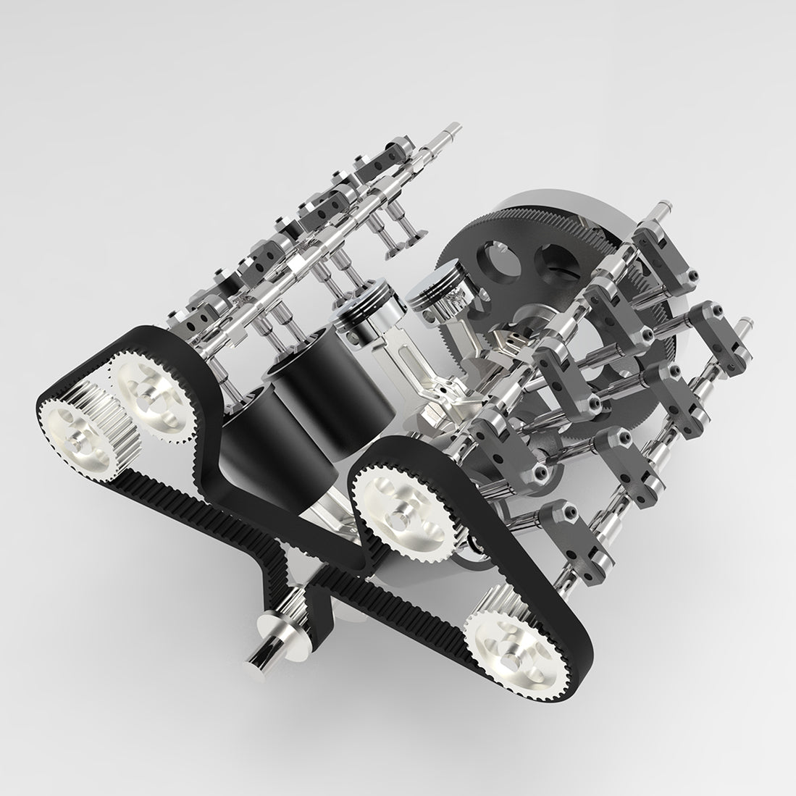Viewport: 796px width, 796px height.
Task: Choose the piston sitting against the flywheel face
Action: pyautogui.click(x=435, y=297)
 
